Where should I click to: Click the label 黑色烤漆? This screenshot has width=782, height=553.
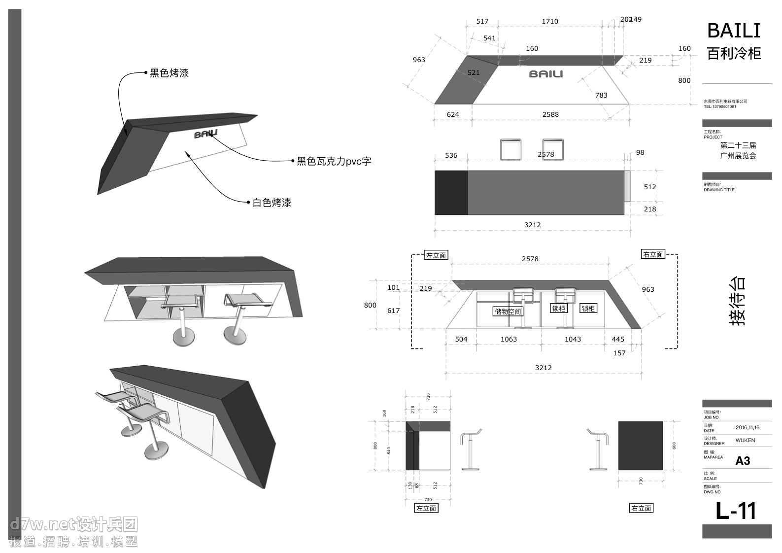coord(169,73)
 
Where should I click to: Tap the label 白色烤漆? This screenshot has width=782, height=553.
coord(272,203)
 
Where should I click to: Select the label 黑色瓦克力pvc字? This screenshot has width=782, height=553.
coord(334,161)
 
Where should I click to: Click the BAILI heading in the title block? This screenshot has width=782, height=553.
coord(734,31)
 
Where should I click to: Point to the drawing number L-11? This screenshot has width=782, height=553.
coord(736,511)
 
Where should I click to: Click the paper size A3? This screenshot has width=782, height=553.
coord(743,461)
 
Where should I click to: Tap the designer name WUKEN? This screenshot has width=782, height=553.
coord(745,440)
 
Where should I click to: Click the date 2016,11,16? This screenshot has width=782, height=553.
coord(747,428)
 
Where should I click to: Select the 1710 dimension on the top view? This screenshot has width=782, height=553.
coord(550,21)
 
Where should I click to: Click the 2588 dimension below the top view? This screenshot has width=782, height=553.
coord(550,114)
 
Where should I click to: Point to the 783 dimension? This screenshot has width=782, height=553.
coord(601,95)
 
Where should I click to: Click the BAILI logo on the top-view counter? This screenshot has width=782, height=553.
coord(545,74)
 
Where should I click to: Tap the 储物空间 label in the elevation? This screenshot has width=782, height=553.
coord(508,311)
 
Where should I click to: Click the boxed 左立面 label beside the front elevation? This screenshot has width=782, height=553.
coord(436,255)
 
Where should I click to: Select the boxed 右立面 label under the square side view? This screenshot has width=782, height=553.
coord(641,508)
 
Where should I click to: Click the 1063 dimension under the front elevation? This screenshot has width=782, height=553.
coord(509,339)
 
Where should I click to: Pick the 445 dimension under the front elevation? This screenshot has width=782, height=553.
coord(618,339)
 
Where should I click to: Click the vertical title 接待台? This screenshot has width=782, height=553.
coord(737,301)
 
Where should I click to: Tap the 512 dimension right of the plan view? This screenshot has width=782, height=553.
coord(650,187)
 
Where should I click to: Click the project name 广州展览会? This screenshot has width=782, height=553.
coord(738,156)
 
